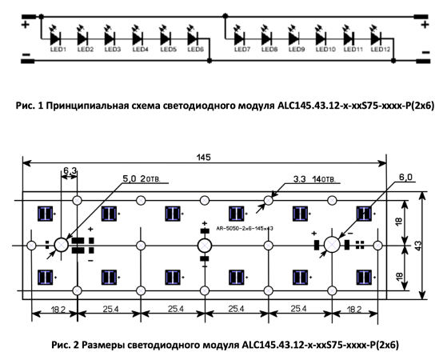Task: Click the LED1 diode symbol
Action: (55, 38)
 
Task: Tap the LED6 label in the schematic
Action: (195, 50)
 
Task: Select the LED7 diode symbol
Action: (240, 38)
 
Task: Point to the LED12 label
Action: (381, 50)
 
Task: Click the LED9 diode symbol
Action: (294, 38)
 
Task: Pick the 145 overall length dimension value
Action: (204, 158)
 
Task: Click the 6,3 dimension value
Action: (70, 170)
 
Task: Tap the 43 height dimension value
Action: (418, 245)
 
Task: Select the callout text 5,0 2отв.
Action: (142, 178)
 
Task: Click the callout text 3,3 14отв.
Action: (314, 179)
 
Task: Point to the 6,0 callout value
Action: (405, 177)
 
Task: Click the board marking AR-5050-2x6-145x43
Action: (245, 228)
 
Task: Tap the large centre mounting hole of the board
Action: (205, 246)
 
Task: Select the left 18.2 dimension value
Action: (58, 310)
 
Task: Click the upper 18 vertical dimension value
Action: (399, 223)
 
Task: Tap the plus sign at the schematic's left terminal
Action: (26, 25)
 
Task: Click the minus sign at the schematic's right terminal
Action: (425, 52)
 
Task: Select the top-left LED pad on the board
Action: (46, 214)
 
